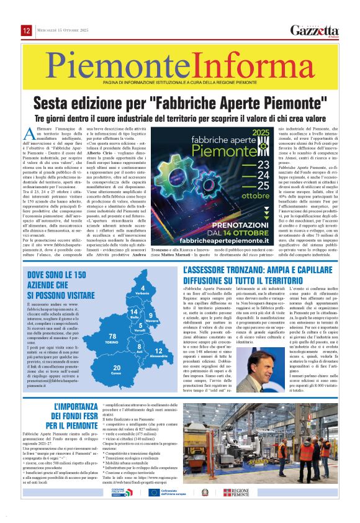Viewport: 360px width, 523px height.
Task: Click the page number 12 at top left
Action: [27, 30]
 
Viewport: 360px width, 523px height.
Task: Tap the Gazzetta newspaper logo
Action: [315, 30]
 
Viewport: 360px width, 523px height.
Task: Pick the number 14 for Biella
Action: [133, 311]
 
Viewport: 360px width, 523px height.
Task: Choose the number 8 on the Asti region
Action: [140, 345]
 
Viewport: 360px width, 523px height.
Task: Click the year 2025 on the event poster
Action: [259, 132]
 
